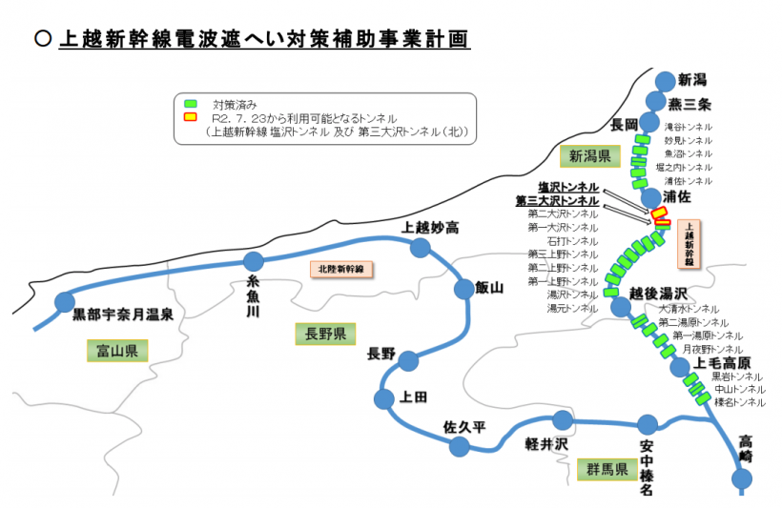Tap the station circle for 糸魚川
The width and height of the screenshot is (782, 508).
pos(254,261)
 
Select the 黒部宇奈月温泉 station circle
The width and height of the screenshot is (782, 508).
pos(65,303)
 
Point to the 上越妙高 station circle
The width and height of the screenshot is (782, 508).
pos(420,248)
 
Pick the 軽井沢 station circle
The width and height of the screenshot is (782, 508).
pos(563,420)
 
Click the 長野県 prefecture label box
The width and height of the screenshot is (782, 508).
pos(324,334)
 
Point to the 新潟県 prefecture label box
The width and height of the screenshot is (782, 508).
pos(590,155)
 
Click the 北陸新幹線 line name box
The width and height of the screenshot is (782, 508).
pos(342,270)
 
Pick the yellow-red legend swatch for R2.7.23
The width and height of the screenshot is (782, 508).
pos(191,117)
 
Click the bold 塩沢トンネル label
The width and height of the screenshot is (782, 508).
pos(568,188)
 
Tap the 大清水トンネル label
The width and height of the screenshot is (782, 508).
pos(689,310)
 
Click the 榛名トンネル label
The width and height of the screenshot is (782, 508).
pos(738,402)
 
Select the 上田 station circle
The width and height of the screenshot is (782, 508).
pos(385,397)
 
